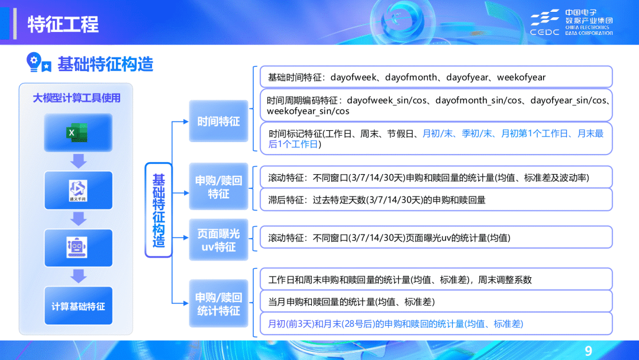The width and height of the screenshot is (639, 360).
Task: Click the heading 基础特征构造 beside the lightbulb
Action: click(105, 64)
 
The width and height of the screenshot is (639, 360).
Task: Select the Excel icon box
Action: click(78, 133)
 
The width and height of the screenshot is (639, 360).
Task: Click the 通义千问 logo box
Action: click(78, 190)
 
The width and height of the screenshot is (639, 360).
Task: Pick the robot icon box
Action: click(78, 247)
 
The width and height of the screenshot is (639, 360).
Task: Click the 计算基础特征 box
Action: click(78, 306)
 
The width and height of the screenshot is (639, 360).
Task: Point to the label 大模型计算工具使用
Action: click(76, 98)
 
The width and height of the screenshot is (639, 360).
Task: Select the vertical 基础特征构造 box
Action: click(159, 210)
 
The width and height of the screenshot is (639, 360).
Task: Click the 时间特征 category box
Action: click(218, 121)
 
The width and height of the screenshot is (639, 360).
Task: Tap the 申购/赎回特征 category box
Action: click(218, 187)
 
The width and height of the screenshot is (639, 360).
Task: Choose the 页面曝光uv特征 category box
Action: click(218, 240)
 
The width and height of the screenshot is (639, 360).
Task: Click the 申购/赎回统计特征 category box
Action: click(218, 303)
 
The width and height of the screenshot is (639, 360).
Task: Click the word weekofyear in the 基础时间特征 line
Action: click(521, 78)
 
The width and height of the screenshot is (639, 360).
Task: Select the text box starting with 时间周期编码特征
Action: click(435, 105)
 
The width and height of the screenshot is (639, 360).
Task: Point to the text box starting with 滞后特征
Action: click(435, 200)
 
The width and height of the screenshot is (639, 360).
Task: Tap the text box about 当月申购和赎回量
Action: click(435, 302)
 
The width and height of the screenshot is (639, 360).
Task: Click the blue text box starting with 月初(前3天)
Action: click(435, 324)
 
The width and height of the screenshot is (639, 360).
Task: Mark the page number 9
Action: click(588, 349)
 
